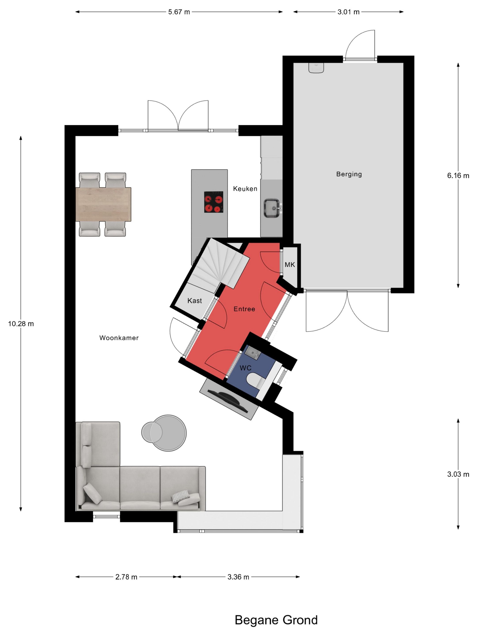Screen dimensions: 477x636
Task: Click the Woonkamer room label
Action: coord(119,338)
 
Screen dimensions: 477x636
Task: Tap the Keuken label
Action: coord(245,189)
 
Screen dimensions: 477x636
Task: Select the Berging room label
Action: coord(349,174)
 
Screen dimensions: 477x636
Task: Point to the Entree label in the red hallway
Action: coord(244,309)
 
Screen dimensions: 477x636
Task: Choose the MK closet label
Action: coord(290,265)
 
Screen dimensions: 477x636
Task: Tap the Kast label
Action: coord(195,301)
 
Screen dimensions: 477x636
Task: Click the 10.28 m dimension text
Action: coord(21,324)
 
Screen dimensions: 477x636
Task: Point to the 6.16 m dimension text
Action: coord(458,176)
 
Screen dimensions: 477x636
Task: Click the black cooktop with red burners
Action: coord(214,202)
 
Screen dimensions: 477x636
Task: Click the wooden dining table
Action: coord(103,204)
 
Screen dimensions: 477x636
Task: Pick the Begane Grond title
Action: coord(276,620)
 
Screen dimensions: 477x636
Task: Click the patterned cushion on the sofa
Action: coord(181,497)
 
